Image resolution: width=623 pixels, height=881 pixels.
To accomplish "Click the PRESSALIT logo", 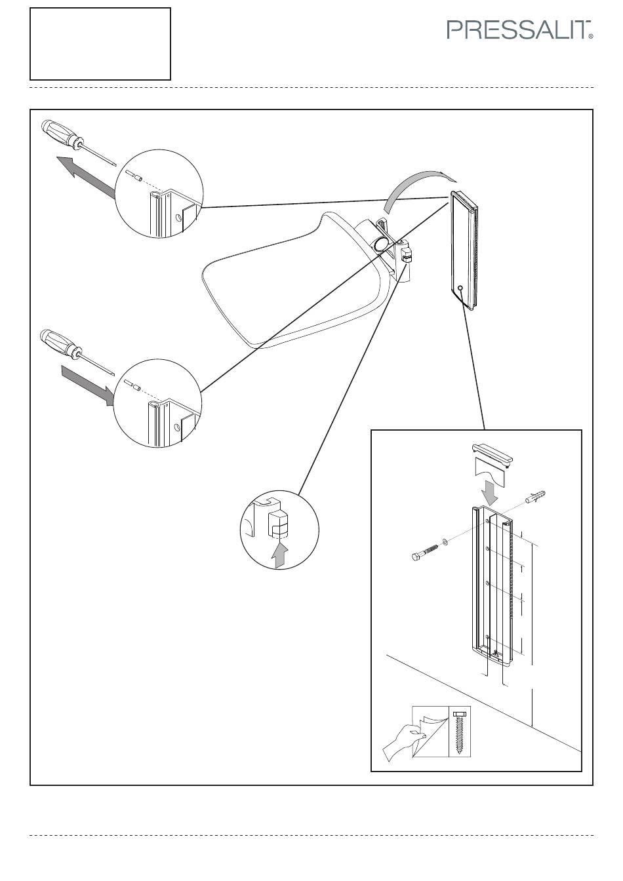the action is (x=519, y=30).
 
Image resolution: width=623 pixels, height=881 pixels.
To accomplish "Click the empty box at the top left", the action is (x=100, y=44).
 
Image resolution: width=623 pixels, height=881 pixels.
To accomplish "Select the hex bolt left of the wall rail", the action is (x=424, y=552).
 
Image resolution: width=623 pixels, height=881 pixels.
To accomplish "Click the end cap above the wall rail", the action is (x=492, y=455).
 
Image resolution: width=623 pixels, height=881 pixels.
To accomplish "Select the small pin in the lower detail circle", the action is (x=132, y=385).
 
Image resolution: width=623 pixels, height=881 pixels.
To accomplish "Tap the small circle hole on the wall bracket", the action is (x=460, y=289).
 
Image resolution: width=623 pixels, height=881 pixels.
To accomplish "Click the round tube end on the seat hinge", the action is (x=380, y=243).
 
